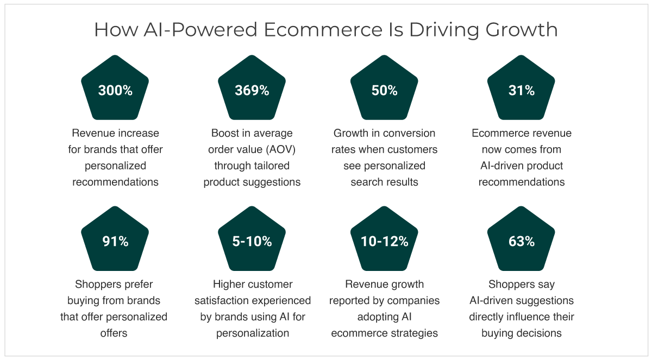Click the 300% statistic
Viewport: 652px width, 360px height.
[115, 91]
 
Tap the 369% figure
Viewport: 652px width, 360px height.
[252, 91]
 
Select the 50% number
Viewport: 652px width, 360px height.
[384, 91]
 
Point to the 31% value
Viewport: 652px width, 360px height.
[521, 91]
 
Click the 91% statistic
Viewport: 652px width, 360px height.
[115, 241]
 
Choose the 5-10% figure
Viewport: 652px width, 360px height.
[252, 241]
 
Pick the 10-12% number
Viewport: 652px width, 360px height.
[384, 241]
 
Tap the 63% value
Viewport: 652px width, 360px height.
[521, 241]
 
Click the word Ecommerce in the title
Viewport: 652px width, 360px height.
[323, 30]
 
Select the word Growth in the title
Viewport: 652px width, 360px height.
[521, 30]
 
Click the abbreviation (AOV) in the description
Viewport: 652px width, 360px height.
[280, 149]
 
